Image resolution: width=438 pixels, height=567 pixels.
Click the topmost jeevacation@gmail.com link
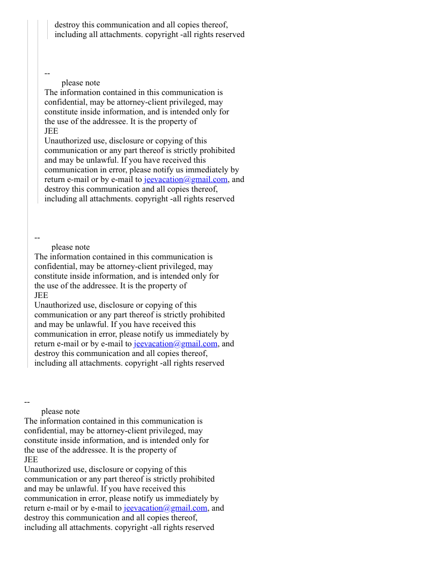coord(186,179)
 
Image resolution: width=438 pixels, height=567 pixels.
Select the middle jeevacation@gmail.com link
coord(176,344)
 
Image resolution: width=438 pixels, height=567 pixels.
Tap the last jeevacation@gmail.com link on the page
coord(165,508)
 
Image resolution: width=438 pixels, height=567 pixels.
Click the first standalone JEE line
coord(52,131)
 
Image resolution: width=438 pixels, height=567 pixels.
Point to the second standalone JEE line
coord(41,295)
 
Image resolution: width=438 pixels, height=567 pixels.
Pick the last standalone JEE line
coord(31,460)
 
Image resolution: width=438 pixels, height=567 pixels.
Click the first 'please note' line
coord(81,83)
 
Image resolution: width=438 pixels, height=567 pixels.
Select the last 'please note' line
coord(60,411)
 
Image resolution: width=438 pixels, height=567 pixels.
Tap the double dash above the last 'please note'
coord(27,402)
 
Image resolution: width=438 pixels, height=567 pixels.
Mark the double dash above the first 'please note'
coord(47,73)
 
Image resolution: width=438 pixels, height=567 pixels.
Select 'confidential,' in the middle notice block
coord(52,266)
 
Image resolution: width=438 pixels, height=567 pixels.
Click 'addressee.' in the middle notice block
coord(98,286)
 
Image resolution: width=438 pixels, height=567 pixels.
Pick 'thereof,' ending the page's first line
coord(214,25)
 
